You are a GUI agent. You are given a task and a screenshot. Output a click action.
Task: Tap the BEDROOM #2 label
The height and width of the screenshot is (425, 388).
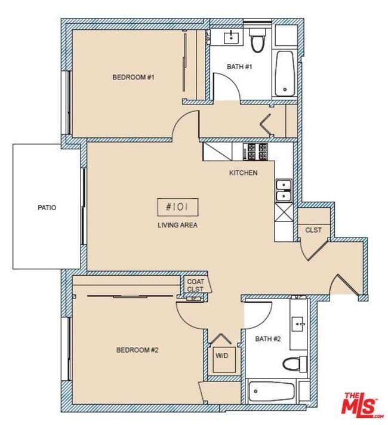tap(137, 350)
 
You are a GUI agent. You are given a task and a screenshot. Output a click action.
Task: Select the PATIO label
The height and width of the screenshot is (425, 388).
tap(47, 208)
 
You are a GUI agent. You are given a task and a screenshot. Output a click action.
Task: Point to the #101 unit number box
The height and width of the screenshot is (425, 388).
tap(177, 207)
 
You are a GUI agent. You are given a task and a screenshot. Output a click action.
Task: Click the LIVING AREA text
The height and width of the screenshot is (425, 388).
tap(177, 225)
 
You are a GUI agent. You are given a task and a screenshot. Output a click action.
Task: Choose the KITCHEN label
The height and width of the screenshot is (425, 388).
tap(244, 173)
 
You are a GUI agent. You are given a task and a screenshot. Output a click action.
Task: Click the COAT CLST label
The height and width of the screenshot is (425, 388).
tap(195, 285)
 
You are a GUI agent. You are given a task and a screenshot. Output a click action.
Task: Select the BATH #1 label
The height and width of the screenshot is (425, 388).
tap(240, 67)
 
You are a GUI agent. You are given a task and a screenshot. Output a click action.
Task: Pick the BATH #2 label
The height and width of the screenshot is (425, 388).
tap(267, 339)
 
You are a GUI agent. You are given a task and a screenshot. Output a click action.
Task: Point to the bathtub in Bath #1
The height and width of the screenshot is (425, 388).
tap(285, 73)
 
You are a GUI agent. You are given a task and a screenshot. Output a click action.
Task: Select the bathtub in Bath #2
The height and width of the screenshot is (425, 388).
tap(272, 392)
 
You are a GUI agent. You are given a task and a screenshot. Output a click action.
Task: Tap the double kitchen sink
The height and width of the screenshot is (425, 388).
tap(283, 190)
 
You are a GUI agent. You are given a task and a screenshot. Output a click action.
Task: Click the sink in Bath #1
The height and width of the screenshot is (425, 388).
tap(231, 38)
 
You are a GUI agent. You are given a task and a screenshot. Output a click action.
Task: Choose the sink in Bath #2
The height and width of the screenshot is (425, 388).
tap(298, 324)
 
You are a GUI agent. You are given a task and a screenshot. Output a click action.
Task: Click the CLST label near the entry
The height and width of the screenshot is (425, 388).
tap(313, 230)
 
